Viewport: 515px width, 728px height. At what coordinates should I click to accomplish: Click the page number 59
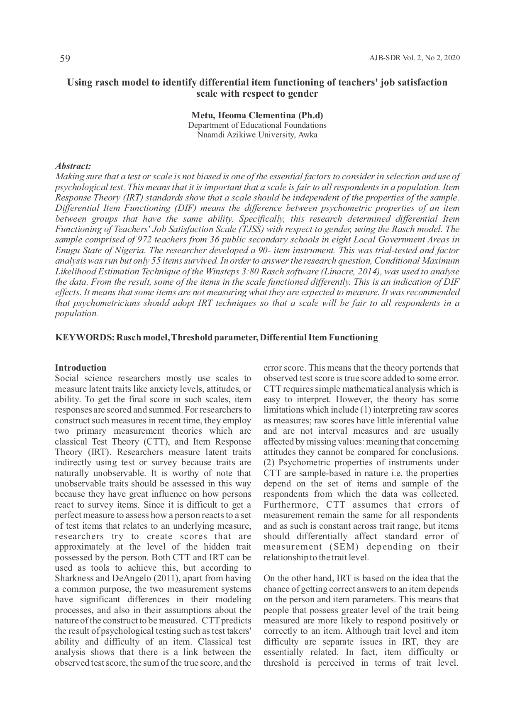[65, 59]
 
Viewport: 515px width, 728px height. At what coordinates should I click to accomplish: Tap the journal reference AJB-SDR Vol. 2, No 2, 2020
[414, 58]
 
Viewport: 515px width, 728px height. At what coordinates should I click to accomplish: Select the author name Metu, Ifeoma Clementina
[248, 115]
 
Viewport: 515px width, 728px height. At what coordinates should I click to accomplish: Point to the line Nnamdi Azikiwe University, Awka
[257, 135]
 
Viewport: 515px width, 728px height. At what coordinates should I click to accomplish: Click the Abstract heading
[73, 166]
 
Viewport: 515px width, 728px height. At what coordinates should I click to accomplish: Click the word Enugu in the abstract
[66, 251]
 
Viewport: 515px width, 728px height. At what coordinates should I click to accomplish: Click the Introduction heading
[81, 368]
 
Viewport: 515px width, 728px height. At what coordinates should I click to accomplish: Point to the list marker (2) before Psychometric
[269, 463]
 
